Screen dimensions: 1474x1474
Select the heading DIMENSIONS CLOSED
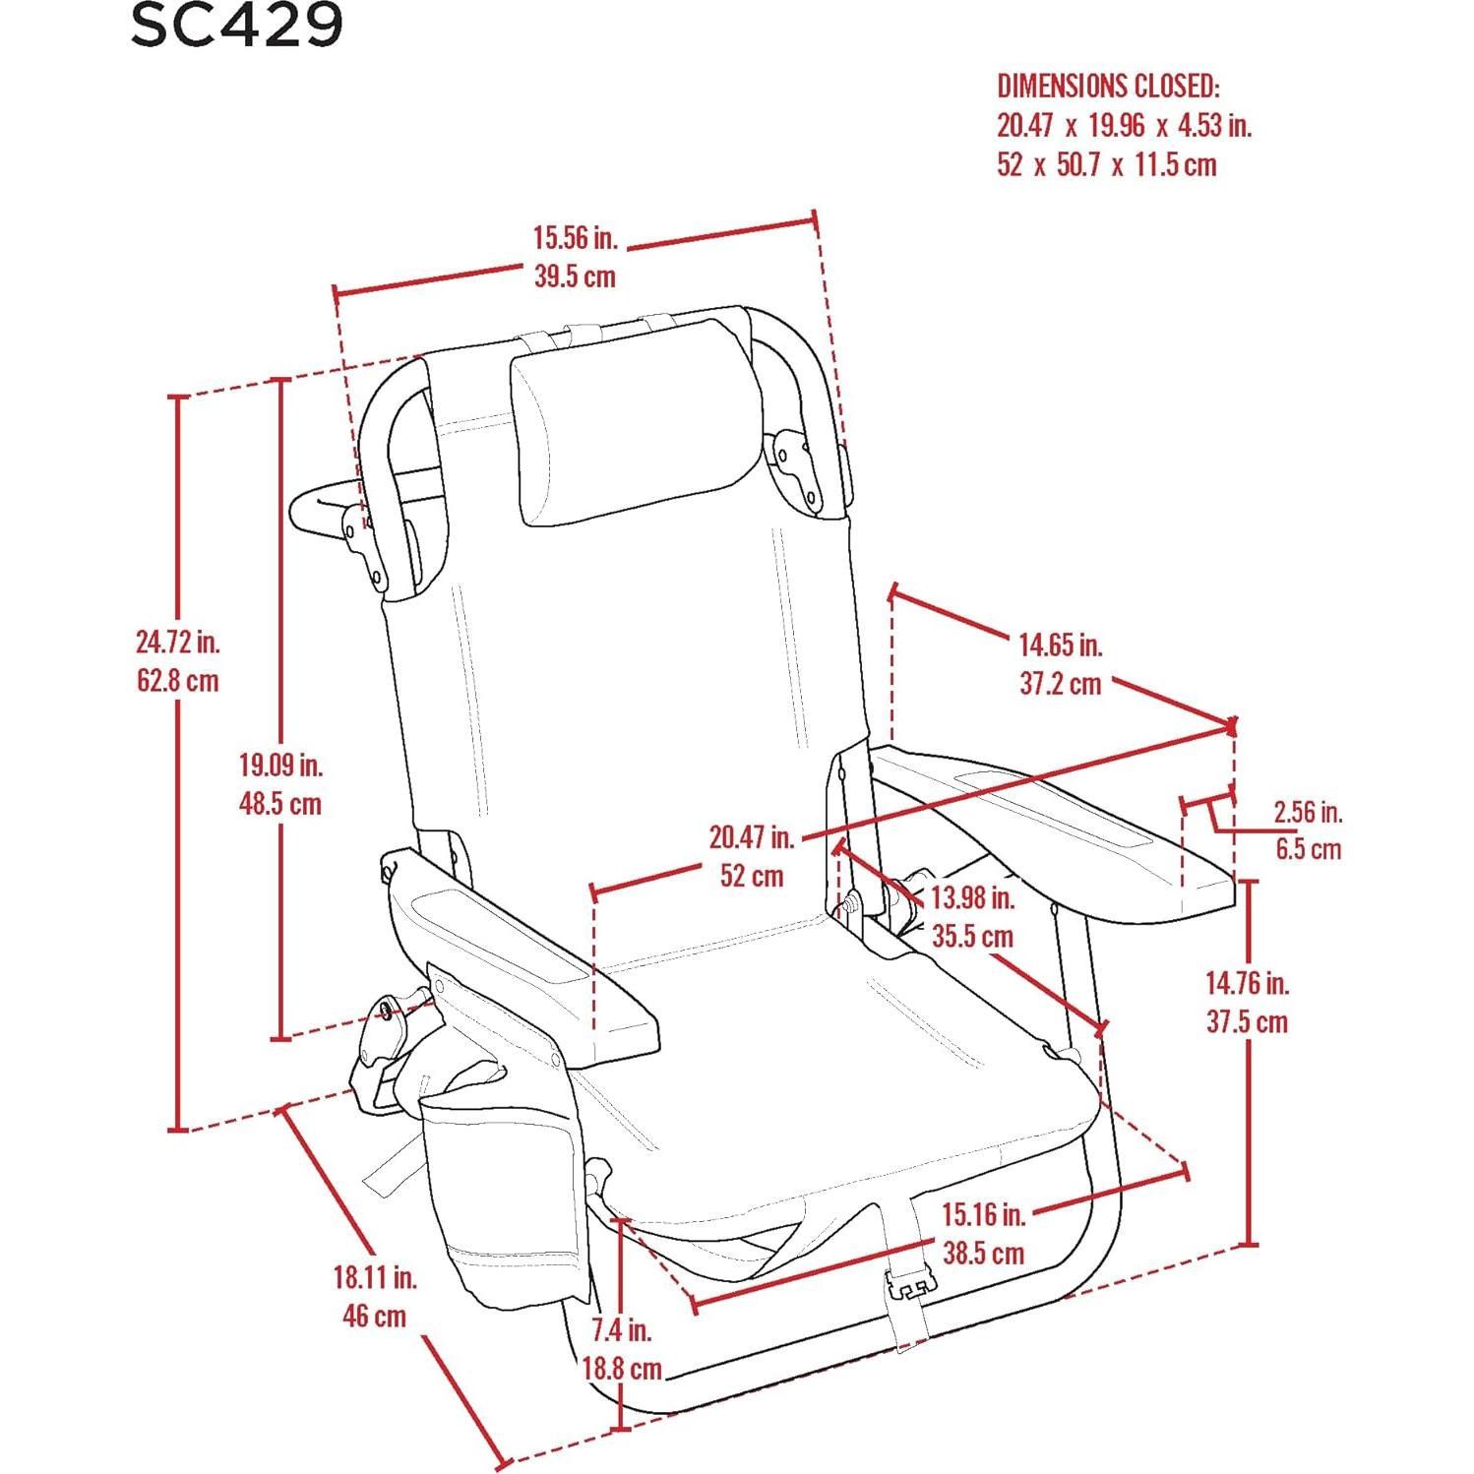pyautogui.click(x=1109, y=86)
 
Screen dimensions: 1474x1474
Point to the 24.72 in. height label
pyautogui.click(x=178, y=642)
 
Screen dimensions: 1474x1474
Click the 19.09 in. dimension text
pyautogui.click(x=280, y=765)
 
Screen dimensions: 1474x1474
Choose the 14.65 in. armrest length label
pyautogui.click(x=1060, y=645)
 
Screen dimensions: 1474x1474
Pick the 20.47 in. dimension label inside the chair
pyautogui.click(x=752, y=836)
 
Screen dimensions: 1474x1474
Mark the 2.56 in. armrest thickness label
pyautogui.click(x=1308, y=812)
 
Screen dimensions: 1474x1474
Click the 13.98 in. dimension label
pyautogui.click(x=973, y=897)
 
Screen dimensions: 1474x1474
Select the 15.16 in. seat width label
pyautogui.click(x=984, y=1214)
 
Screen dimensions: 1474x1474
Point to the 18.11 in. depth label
pyautogui.click(x=375, y=1277)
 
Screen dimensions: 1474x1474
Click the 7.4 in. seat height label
pyautogui.click(x=621, y=1329)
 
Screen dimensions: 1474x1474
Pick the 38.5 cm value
pyautogui.click(x=983, y=1253)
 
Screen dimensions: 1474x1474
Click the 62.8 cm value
pyautogui.click(x=178, y=680)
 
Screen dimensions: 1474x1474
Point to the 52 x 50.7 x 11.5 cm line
pyautogui.click(x=1107, y=163)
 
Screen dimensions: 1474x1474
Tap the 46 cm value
pyautogui.click(x=375, y=1316)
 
